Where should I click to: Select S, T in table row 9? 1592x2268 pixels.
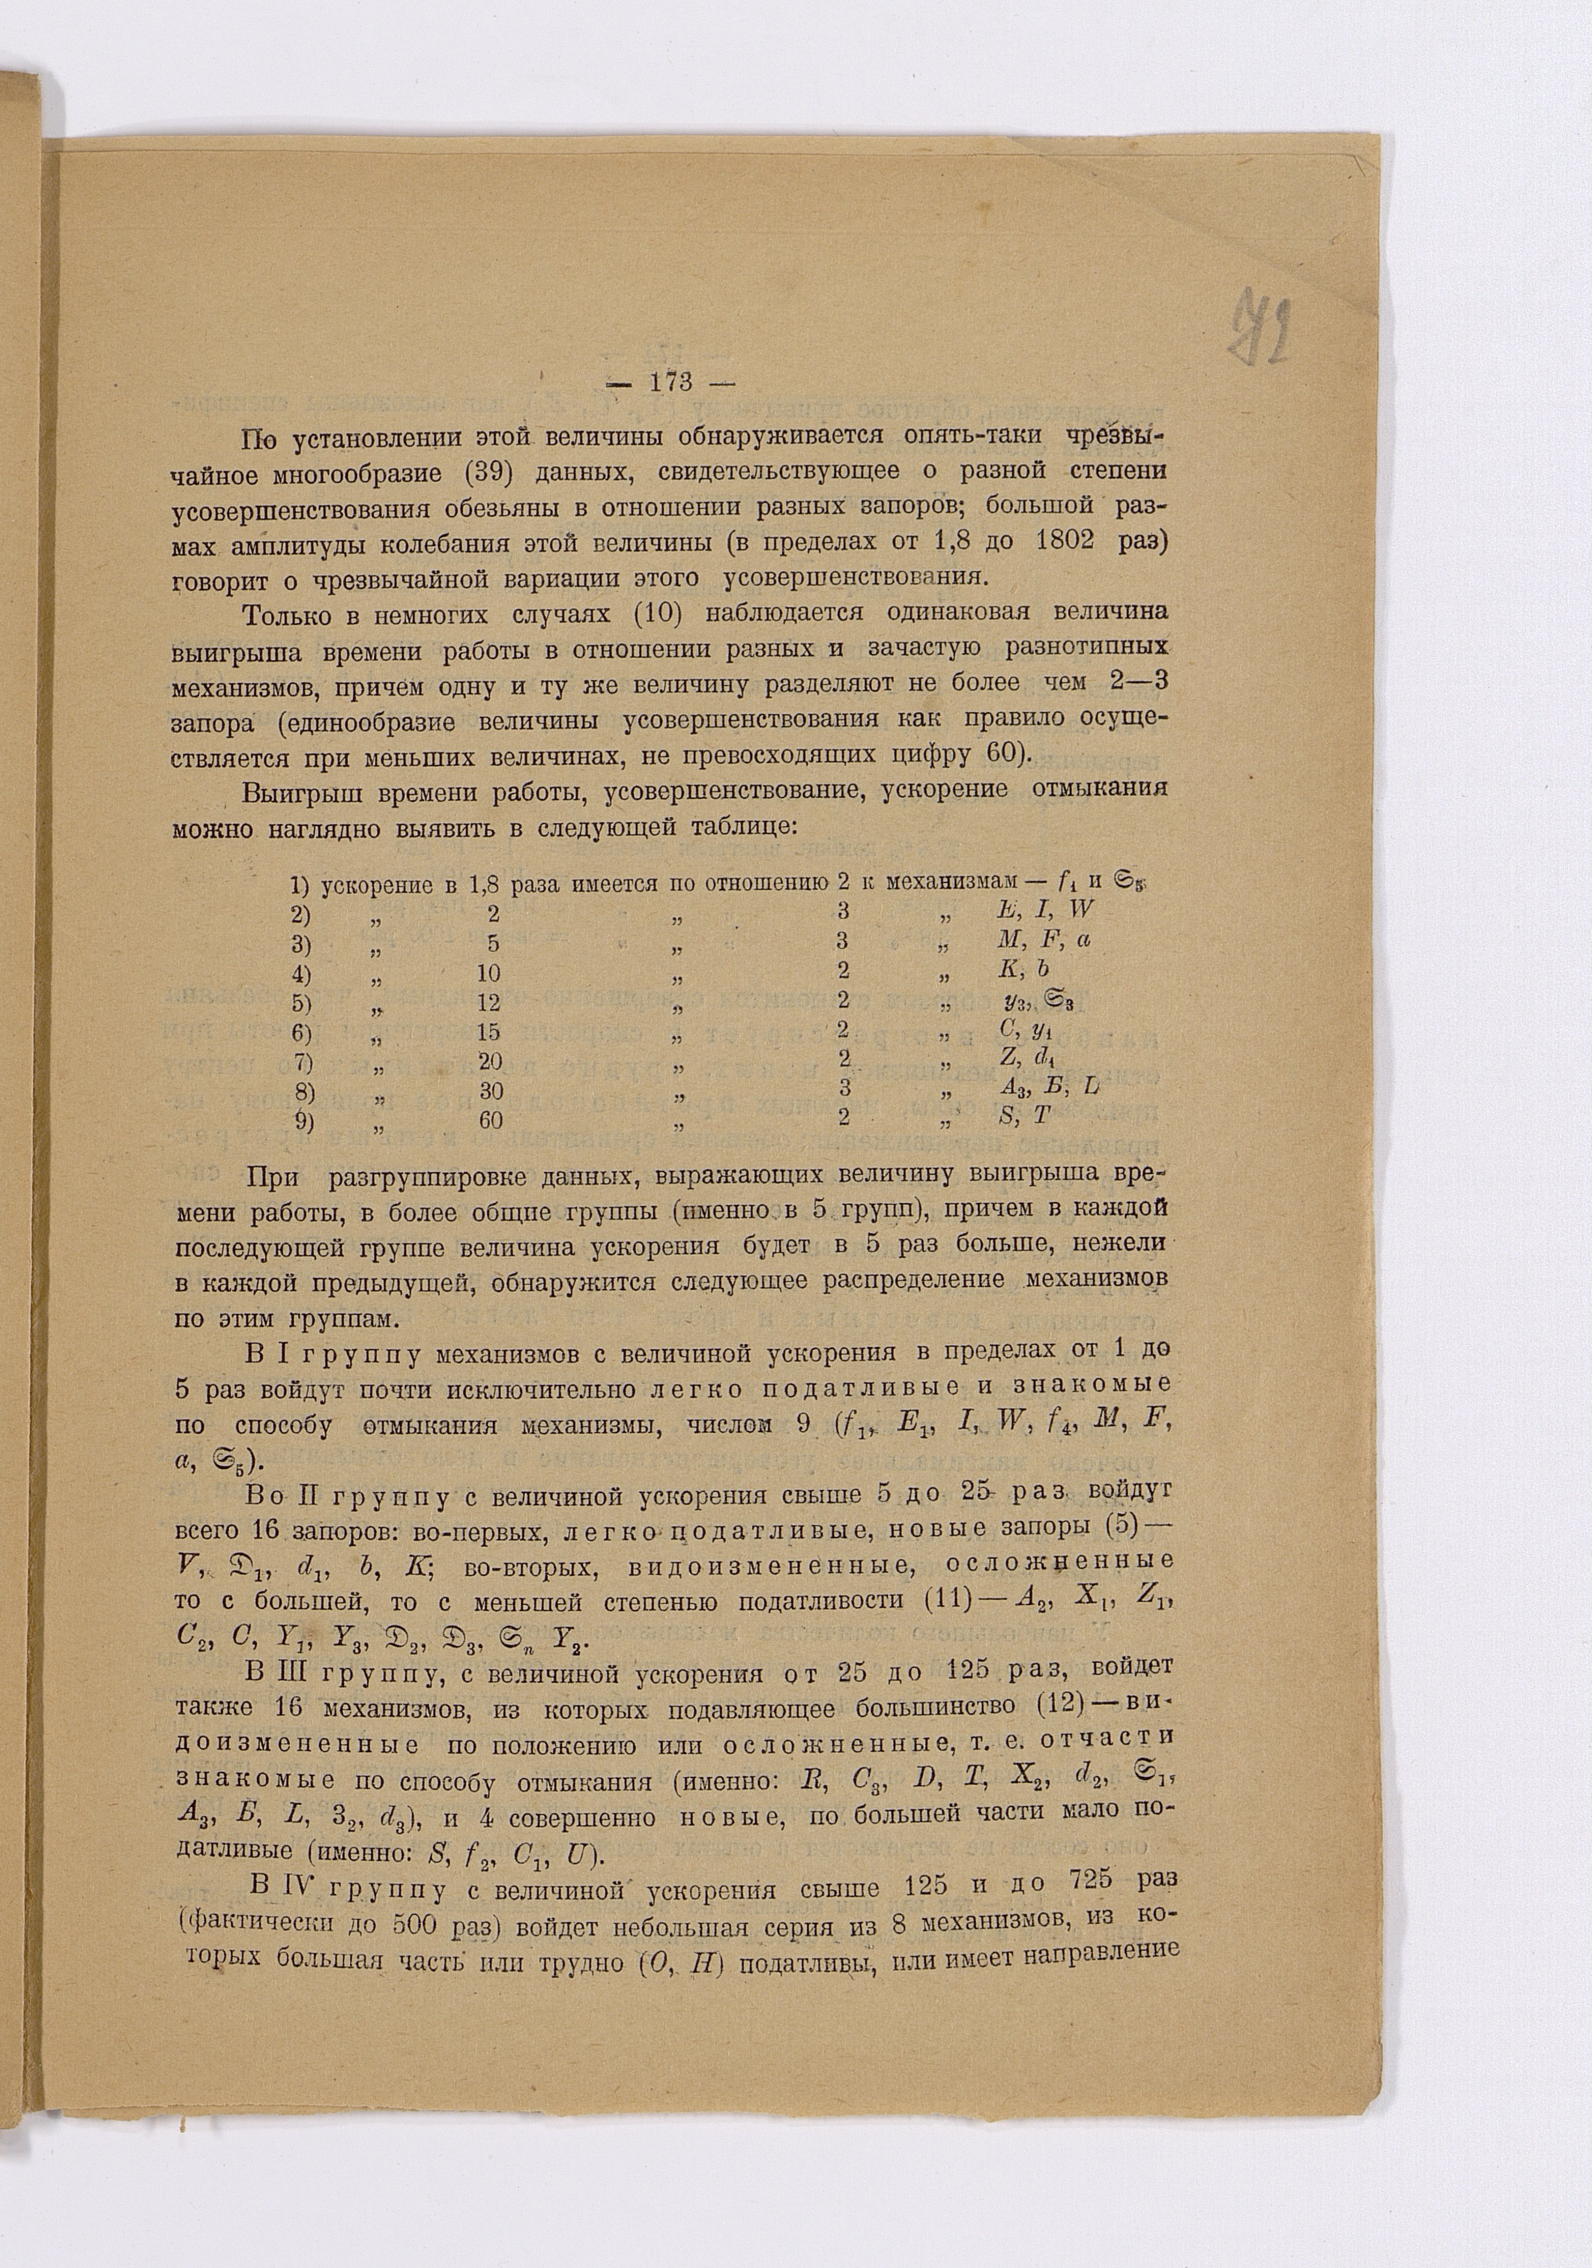pyautogui.click(x=1024, y=1117)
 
